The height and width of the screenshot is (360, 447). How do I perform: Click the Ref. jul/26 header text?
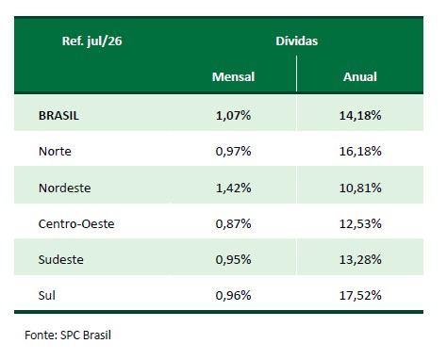point(91,41)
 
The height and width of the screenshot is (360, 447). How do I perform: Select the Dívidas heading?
point(297,41)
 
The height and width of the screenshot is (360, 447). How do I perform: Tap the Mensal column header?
point(233,76)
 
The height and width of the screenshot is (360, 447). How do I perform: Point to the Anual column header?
point(360,76)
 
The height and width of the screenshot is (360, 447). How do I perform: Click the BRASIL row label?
point(58,116)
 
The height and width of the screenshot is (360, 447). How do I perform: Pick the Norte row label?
point(55,152)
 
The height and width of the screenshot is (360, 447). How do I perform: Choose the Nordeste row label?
point(64,188)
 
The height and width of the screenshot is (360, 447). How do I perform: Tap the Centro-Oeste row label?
point(76,223)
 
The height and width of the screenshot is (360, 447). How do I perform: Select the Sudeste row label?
point(60,259)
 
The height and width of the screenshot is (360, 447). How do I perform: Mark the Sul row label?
point(46,295)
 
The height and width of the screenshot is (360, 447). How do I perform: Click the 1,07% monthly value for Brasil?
point(233,116)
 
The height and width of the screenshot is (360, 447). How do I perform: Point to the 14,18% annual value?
point(360,116)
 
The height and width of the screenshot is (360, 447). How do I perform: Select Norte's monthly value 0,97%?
point(233,152)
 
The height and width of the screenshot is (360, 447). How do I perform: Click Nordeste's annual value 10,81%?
point(360,188)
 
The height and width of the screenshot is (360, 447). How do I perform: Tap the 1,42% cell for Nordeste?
point(233,188)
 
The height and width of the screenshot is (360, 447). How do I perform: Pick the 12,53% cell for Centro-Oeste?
point(360,223)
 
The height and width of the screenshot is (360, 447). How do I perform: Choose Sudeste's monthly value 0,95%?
point(233,259)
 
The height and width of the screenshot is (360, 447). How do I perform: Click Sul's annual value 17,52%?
point(360,295)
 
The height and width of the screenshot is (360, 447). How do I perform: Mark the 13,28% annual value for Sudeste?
point(360,259)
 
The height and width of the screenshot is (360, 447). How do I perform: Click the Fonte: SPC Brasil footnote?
point(68,335)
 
